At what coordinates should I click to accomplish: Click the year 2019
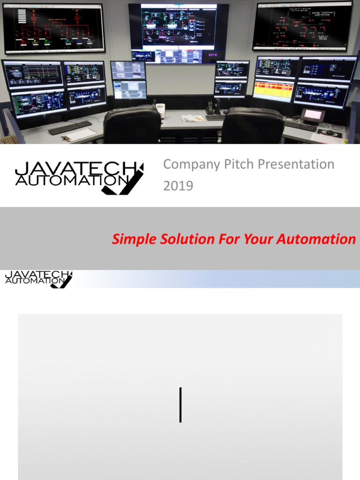178,186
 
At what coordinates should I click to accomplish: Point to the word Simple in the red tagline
134,240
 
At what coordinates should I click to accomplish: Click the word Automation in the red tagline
316,240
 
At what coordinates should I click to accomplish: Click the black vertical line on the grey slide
180,405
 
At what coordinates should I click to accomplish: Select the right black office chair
252,126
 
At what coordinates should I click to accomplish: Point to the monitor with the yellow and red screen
273,90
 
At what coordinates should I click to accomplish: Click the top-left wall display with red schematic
54,28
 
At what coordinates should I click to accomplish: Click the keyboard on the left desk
70,127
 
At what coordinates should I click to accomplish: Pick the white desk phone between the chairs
161,111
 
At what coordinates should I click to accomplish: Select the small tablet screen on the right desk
313,115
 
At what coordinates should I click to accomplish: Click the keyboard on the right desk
300,126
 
